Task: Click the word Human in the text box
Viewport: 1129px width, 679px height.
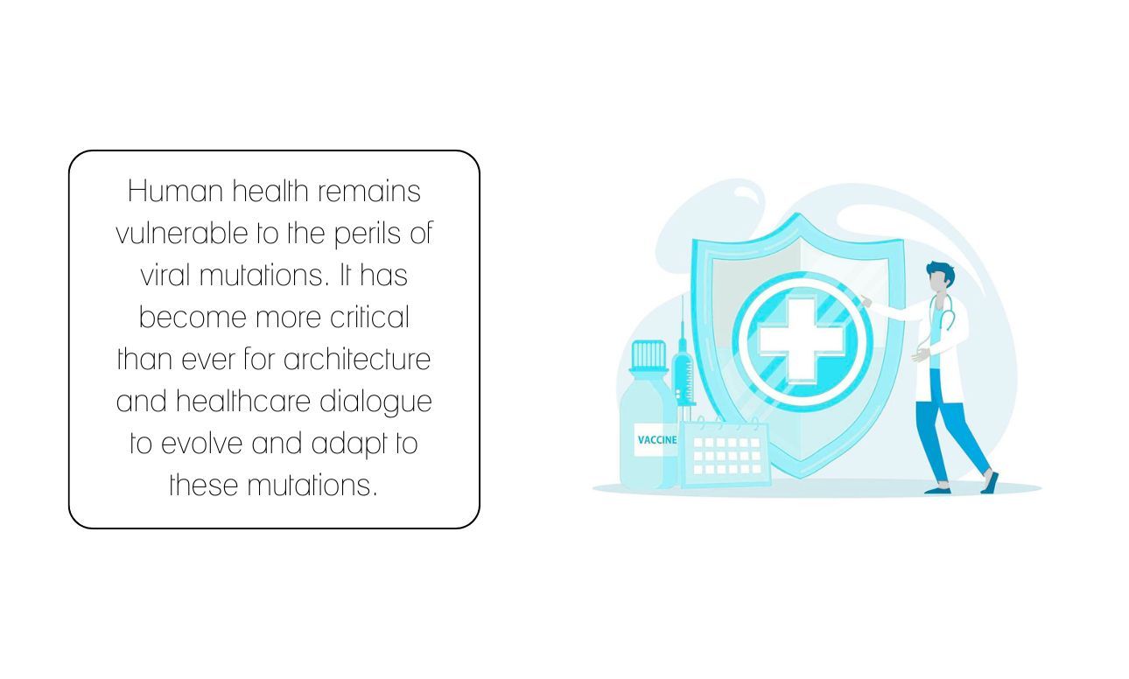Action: coord(175,192)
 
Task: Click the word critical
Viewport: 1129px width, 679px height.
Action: coord(369,318)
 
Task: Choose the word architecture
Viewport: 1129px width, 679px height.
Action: coord(357,360)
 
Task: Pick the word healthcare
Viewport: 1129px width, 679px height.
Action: coord(242,402)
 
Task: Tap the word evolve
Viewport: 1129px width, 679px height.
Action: coord(201,444)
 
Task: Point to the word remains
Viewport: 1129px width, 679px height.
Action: coord(369,192)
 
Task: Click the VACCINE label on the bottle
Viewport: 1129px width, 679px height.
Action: coord(656,440)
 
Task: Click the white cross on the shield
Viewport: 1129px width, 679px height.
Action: coord(802,340)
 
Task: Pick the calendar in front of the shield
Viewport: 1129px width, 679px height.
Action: coord(726,453)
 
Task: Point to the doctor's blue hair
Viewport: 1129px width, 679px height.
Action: coord(942,274)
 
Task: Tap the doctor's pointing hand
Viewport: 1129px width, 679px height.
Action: coord(866,302)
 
